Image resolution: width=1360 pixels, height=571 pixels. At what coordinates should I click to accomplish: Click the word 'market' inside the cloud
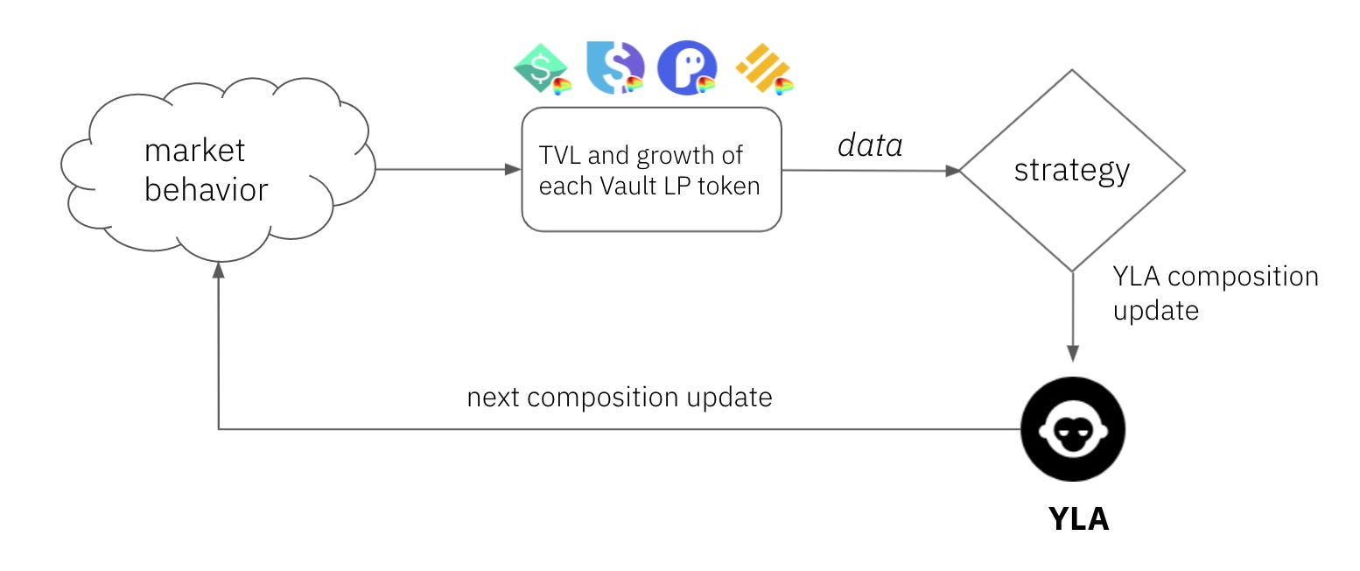tap(195, 151)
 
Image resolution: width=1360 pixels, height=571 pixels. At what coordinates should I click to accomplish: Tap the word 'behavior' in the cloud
tap(207, 189)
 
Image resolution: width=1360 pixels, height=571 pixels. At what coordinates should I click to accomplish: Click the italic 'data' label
tap(869, 146)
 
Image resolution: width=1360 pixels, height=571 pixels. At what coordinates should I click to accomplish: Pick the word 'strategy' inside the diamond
tap(1072, 170)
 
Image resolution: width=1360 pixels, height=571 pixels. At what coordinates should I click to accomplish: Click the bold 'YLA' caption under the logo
tap(1078, 519)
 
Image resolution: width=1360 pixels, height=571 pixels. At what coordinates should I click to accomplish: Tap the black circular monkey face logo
tap(1073, 430)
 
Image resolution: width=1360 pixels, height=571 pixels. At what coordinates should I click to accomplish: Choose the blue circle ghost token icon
tap(687, 68)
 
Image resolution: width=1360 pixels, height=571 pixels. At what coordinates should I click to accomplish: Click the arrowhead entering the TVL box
tap(514, 170)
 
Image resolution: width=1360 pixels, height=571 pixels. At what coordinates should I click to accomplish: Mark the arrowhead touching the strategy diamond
tap(952, 171)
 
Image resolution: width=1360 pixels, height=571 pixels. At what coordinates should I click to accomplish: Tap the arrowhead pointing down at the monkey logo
tap(1073, 353)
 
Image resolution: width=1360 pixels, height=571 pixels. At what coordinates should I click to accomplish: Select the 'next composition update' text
tap(620, 398)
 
